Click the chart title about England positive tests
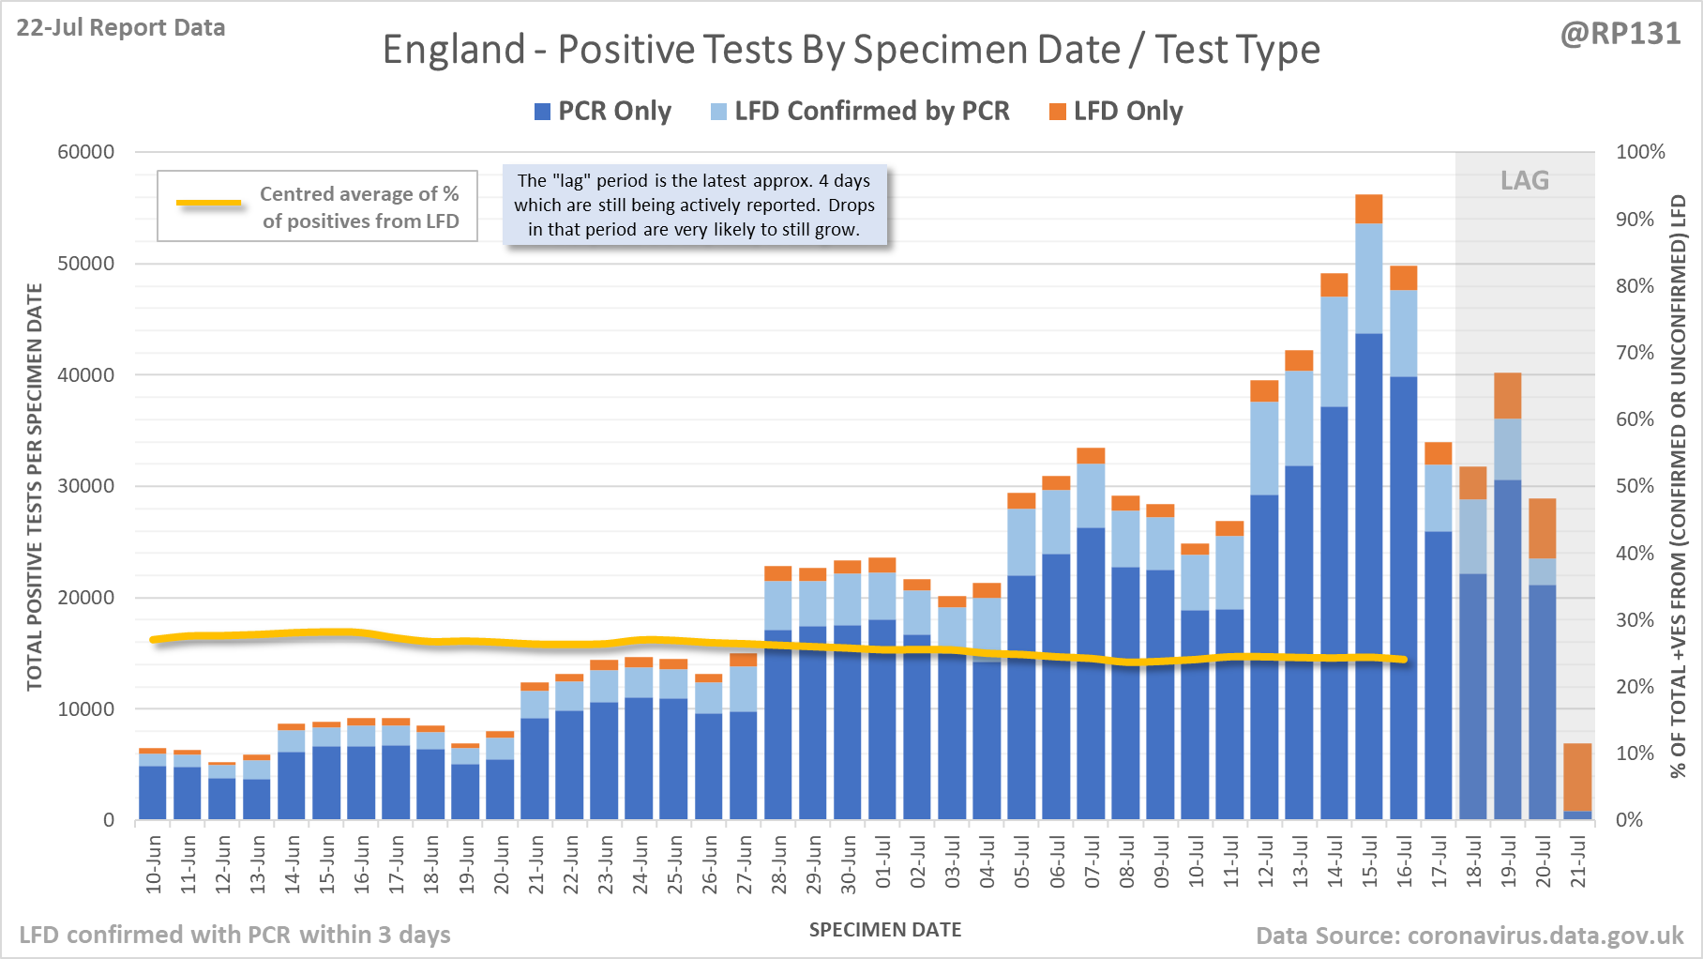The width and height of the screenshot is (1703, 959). tap(851, 50)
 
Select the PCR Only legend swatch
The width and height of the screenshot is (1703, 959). tap(542, 112)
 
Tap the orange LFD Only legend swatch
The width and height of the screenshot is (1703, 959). tap(1058, 112)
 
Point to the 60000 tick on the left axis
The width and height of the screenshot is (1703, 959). tap(86, 152)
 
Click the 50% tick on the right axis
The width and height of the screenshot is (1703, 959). tap(1635, 486)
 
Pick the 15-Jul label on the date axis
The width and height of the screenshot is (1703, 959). tap(1369, 862)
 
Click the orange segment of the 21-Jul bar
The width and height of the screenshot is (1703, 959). tap(1578, 777)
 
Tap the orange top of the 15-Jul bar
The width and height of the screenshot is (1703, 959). tap(1369, 208)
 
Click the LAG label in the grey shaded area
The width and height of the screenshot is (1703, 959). tap(1525, 180)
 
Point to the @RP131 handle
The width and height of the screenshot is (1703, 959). tap(1620, 34)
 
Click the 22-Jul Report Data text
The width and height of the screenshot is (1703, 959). tap(121, 28)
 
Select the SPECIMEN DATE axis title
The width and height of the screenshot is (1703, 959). tap(885, 930)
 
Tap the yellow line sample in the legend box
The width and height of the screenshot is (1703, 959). tap(209, 203)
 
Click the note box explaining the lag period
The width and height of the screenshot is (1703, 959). tap(694, 205)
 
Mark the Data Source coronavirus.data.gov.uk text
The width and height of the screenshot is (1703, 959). tap(1469, 936)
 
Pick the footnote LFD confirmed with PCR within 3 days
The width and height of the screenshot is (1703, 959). tap(234, 935)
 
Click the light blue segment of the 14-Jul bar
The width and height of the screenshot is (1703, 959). tap(1334, 351)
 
